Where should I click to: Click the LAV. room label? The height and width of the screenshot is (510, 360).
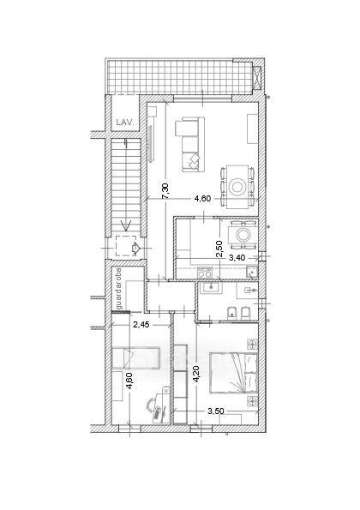(125, 123)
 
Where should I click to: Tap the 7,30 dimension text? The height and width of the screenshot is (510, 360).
(165, 191)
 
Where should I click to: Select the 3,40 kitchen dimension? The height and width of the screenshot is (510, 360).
(237, 258)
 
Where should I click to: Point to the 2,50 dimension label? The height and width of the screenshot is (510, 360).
(219, 249)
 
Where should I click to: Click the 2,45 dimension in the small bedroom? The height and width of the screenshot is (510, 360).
(141, 324)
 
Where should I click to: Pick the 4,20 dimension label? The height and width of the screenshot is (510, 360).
(195, 374)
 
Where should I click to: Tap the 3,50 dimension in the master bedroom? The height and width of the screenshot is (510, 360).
(216, 411)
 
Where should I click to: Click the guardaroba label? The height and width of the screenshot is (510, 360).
(118, 289)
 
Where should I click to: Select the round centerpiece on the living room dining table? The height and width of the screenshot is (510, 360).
(237, 187)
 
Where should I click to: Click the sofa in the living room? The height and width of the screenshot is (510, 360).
(190, 144)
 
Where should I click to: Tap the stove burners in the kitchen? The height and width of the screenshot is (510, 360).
(205, 273)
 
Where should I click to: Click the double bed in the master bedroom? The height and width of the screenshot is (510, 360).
(233, 373)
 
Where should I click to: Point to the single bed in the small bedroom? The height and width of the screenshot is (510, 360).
(136, 358)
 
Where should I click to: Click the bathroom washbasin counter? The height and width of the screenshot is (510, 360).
(211, 287)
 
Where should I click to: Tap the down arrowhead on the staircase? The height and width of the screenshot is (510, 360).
(125, 225)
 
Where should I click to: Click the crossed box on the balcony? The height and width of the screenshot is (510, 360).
(257, 78)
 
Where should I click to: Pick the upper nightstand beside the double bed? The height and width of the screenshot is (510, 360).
(252, 344)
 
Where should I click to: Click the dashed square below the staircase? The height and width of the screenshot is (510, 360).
(126, 246)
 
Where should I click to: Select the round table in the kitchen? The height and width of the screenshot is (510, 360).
(243, 234)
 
